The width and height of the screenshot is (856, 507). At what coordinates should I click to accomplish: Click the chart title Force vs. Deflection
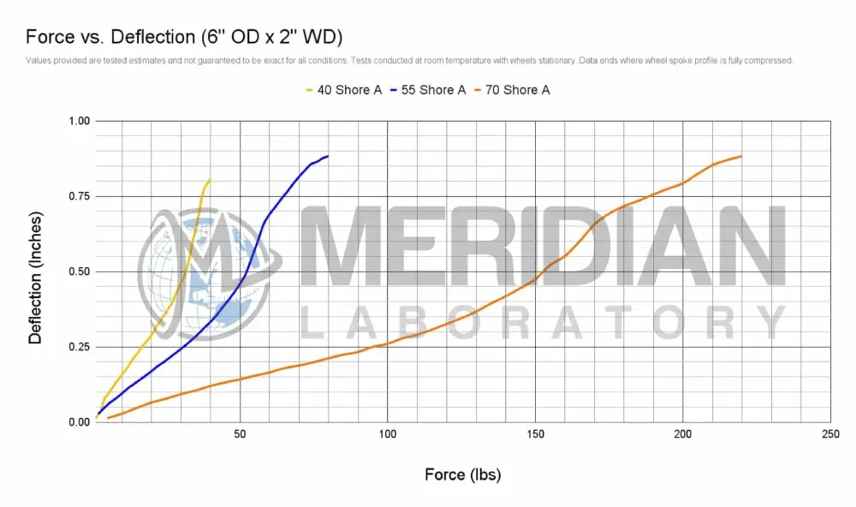click(185, 37)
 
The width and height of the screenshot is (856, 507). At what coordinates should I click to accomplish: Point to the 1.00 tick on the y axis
click(78, 121)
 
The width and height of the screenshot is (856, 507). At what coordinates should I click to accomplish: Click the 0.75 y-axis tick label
click(78, 196)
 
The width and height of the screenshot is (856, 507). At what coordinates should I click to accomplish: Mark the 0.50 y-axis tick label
click(78, 271)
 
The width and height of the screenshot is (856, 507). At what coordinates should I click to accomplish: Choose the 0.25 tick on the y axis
click(78, 347)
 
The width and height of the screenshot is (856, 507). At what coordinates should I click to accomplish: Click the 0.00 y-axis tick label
click(78, 422)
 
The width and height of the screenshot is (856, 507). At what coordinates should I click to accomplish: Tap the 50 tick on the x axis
click(241, 435)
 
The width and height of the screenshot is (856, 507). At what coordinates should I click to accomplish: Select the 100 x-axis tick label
click(388, 435)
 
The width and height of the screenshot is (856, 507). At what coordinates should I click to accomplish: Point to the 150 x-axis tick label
click(535, 435)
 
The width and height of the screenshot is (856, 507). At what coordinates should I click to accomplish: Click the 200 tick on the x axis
click(683, 435)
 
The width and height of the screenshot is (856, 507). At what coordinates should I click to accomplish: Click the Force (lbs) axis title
click(462, 474)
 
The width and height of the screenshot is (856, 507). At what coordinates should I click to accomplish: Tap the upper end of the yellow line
click(210, 180)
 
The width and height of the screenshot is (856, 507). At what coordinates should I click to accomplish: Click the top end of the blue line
click(328, 156)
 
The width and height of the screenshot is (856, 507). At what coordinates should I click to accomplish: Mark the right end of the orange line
click(740, 156)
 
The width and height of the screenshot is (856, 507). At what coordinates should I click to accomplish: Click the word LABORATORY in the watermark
click(543, 322)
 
